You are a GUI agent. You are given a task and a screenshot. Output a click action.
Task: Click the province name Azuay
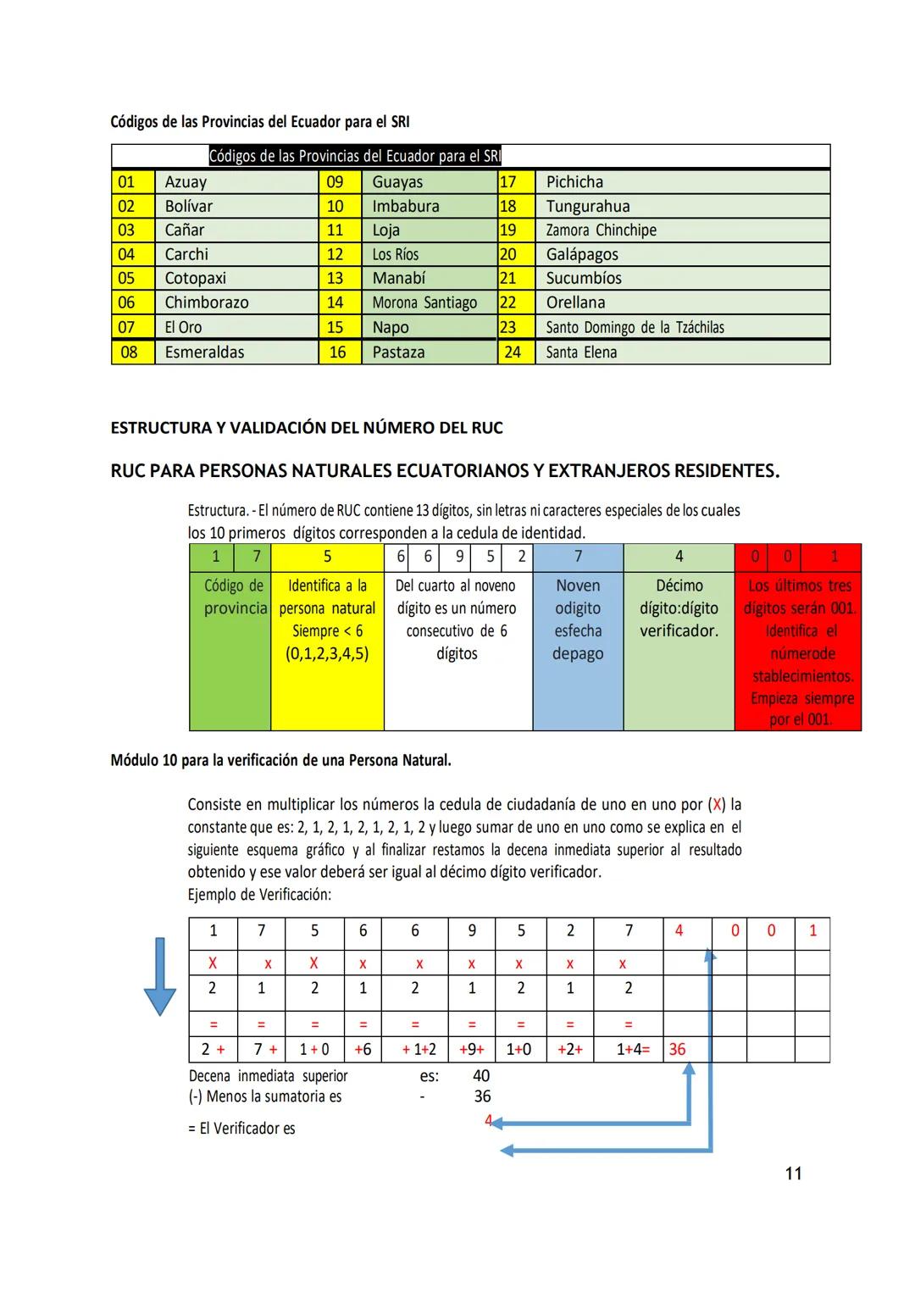pyautogui.click(x=186, y=182)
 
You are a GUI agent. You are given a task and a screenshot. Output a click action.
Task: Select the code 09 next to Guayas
pyautogui.click(x=335, y=182)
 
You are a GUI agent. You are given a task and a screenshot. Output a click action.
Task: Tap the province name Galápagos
pyautogui.click(x=582, y=254)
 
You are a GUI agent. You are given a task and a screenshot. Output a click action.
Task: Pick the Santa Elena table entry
pyautogui.click(x=581, y=352)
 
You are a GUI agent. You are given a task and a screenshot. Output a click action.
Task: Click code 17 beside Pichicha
pyautogui.click(x=508, y=182)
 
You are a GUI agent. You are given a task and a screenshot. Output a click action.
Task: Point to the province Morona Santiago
pyautogui.click(x=424, y=302)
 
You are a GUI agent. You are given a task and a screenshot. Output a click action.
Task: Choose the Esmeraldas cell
pyautogui.click(x=204, y=352)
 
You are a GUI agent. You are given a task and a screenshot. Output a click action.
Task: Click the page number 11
pyautogui.click(x=794, y=1174)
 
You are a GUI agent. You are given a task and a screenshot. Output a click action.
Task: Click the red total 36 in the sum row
pyautogui.click(x=677, y=1049)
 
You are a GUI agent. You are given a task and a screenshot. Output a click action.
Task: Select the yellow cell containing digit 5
pyautogui.click(x=327, y=557)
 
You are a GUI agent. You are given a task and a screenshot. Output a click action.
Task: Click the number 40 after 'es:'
pyautogui.click(x=481, y=1076)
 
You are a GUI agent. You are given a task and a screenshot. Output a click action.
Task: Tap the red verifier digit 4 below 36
pyautogui.click(x=488, y=1120)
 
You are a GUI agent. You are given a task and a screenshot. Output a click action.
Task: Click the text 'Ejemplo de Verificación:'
pyautogui.click(x=259, y=895)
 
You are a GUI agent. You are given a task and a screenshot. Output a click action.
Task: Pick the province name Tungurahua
pyautogui.click(x=588, y=207)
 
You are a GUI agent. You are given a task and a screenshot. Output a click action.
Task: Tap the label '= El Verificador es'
pyautogui.click(x=241, y=1129)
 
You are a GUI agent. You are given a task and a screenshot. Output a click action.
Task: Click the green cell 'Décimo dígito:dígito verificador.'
pyautogui.click(x=679, y=608)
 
